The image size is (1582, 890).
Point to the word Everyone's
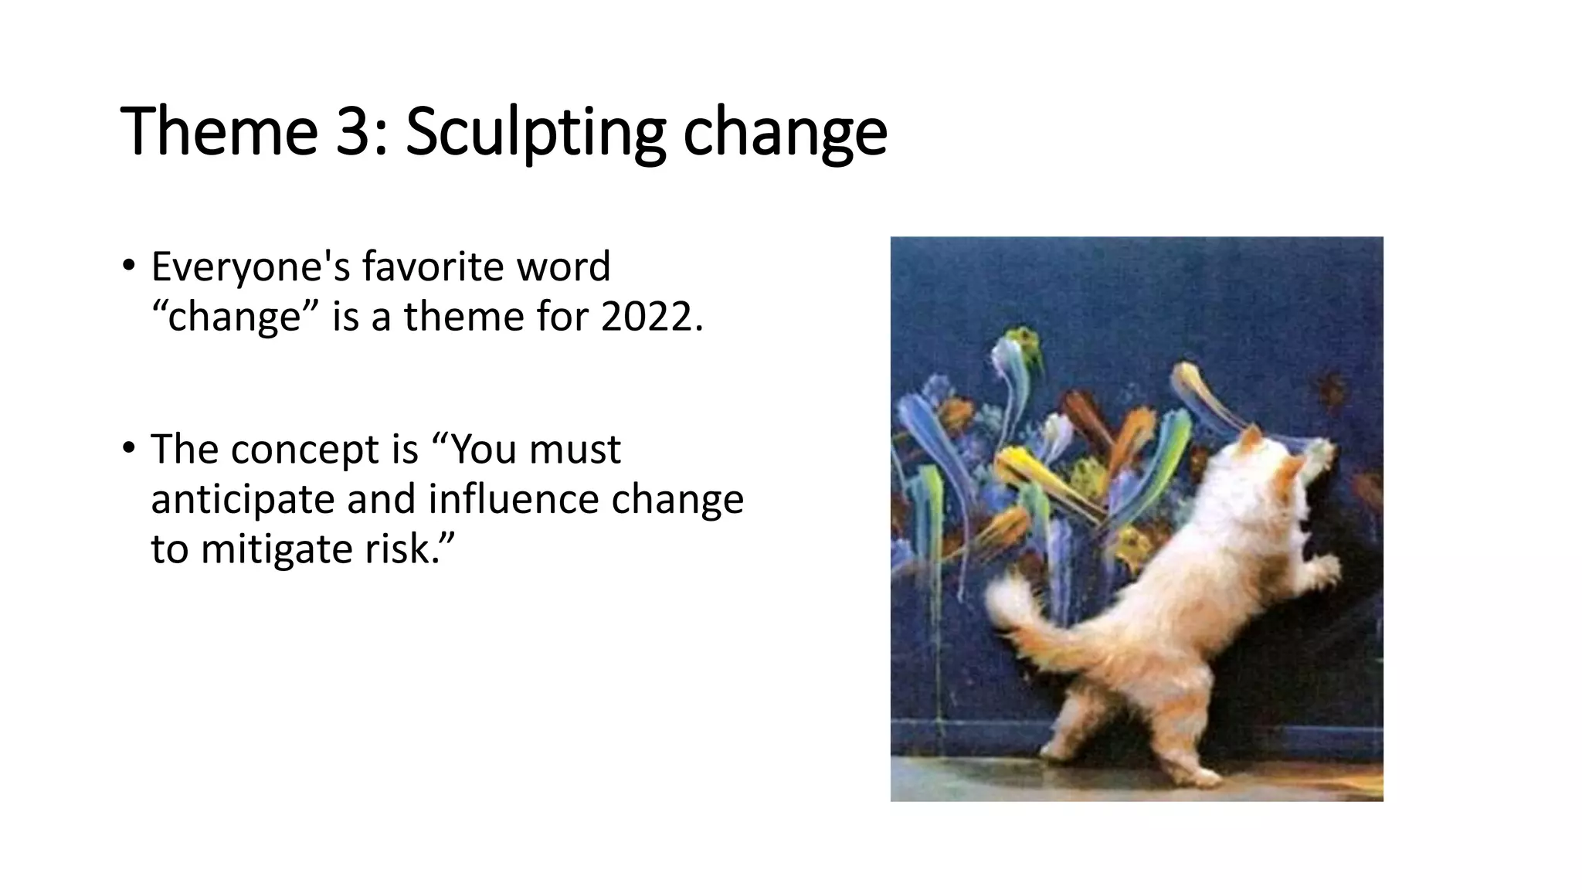(251, 267)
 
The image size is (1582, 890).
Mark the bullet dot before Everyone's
(128, 266)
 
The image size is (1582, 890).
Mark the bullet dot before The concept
(128, 448)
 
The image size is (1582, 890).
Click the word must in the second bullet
(575, 450)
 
